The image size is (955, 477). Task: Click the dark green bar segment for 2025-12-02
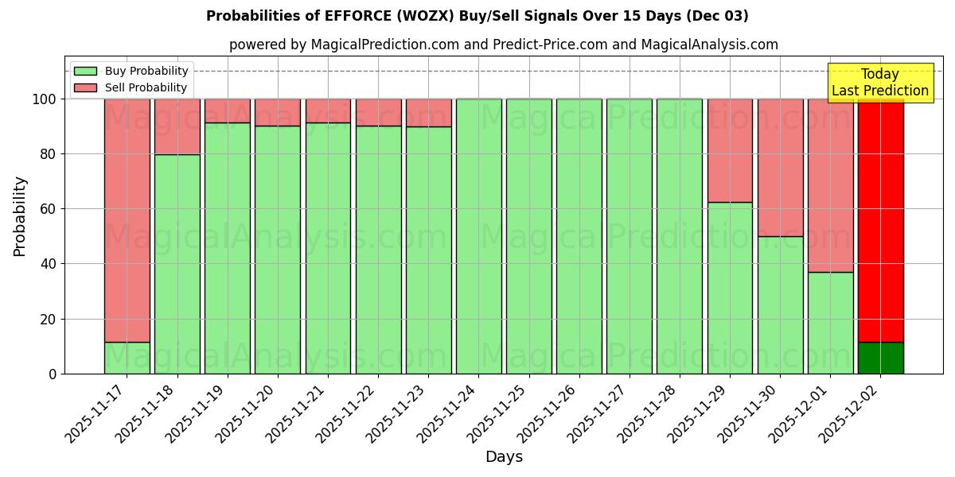(880, 358)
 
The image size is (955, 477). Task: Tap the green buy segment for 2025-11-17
(127, 358)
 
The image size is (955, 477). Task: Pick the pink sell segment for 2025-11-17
(127, 220)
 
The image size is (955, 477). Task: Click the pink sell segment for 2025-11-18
(177, 126)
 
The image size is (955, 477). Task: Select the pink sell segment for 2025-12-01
(830, 185)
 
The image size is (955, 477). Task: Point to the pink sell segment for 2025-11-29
(730, 150)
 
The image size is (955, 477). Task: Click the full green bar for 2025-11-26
(579, 236)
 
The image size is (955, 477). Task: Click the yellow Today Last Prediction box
(880, 83)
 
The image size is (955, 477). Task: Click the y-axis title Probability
(20, 216)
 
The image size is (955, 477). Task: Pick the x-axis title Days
(504, 456)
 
